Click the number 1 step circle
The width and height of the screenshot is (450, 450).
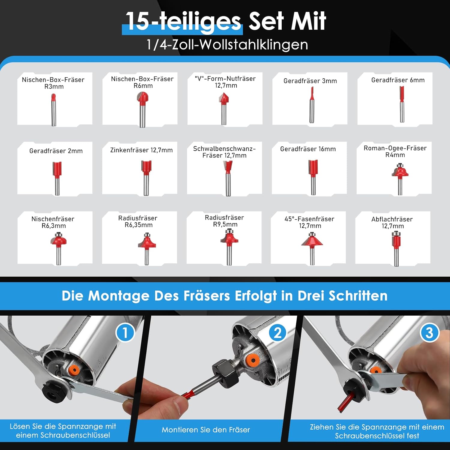click(x=125, y=333)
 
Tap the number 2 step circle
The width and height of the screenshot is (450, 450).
click(x=277, y=333)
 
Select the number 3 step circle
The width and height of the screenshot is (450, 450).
click(x=429, y=333)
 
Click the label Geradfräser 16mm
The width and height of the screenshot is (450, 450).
click(x=308, y=149)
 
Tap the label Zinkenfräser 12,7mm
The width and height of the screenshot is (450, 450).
click(x=141, y=150)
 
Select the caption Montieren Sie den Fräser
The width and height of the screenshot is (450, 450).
click(x=206, y=430)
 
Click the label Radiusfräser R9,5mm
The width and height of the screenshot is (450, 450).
click(x=224, y=221)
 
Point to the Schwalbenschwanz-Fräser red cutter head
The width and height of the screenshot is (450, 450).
click(x=228, y=167)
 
